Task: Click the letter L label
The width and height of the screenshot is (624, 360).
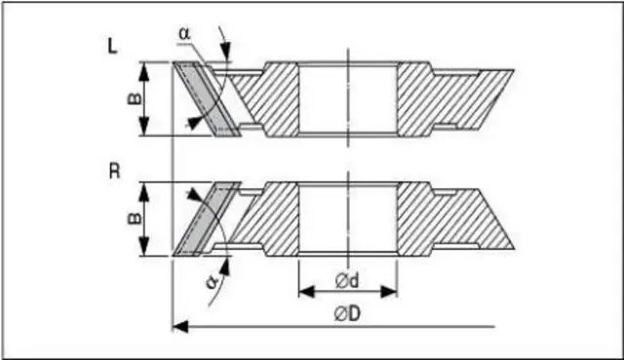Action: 113,46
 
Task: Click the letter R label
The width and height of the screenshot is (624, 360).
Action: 114,172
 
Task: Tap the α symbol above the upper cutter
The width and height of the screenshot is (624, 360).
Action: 184,33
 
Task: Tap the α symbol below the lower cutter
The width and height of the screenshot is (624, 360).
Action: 213,282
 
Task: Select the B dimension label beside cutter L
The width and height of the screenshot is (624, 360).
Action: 135,99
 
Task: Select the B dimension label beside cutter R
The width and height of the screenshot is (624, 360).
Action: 135,219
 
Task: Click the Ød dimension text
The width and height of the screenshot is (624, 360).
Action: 347,281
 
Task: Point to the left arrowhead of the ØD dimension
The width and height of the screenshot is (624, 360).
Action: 179,327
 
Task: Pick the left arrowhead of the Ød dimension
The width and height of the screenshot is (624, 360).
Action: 306,292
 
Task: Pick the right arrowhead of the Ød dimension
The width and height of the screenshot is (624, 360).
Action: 389,292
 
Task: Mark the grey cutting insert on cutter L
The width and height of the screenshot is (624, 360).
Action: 207,100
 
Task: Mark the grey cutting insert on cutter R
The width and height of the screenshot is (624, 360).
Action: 207,219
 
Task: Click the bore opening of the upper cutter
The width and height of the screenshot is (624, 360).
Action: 348,100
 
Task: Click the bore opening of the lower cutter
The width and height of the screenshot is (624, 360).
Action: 348,219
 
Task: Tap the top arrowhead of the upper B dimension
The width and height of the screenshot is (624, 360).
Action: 144,70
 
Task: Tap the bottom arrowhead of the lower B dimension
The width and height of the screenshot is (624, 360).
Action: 144,248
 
